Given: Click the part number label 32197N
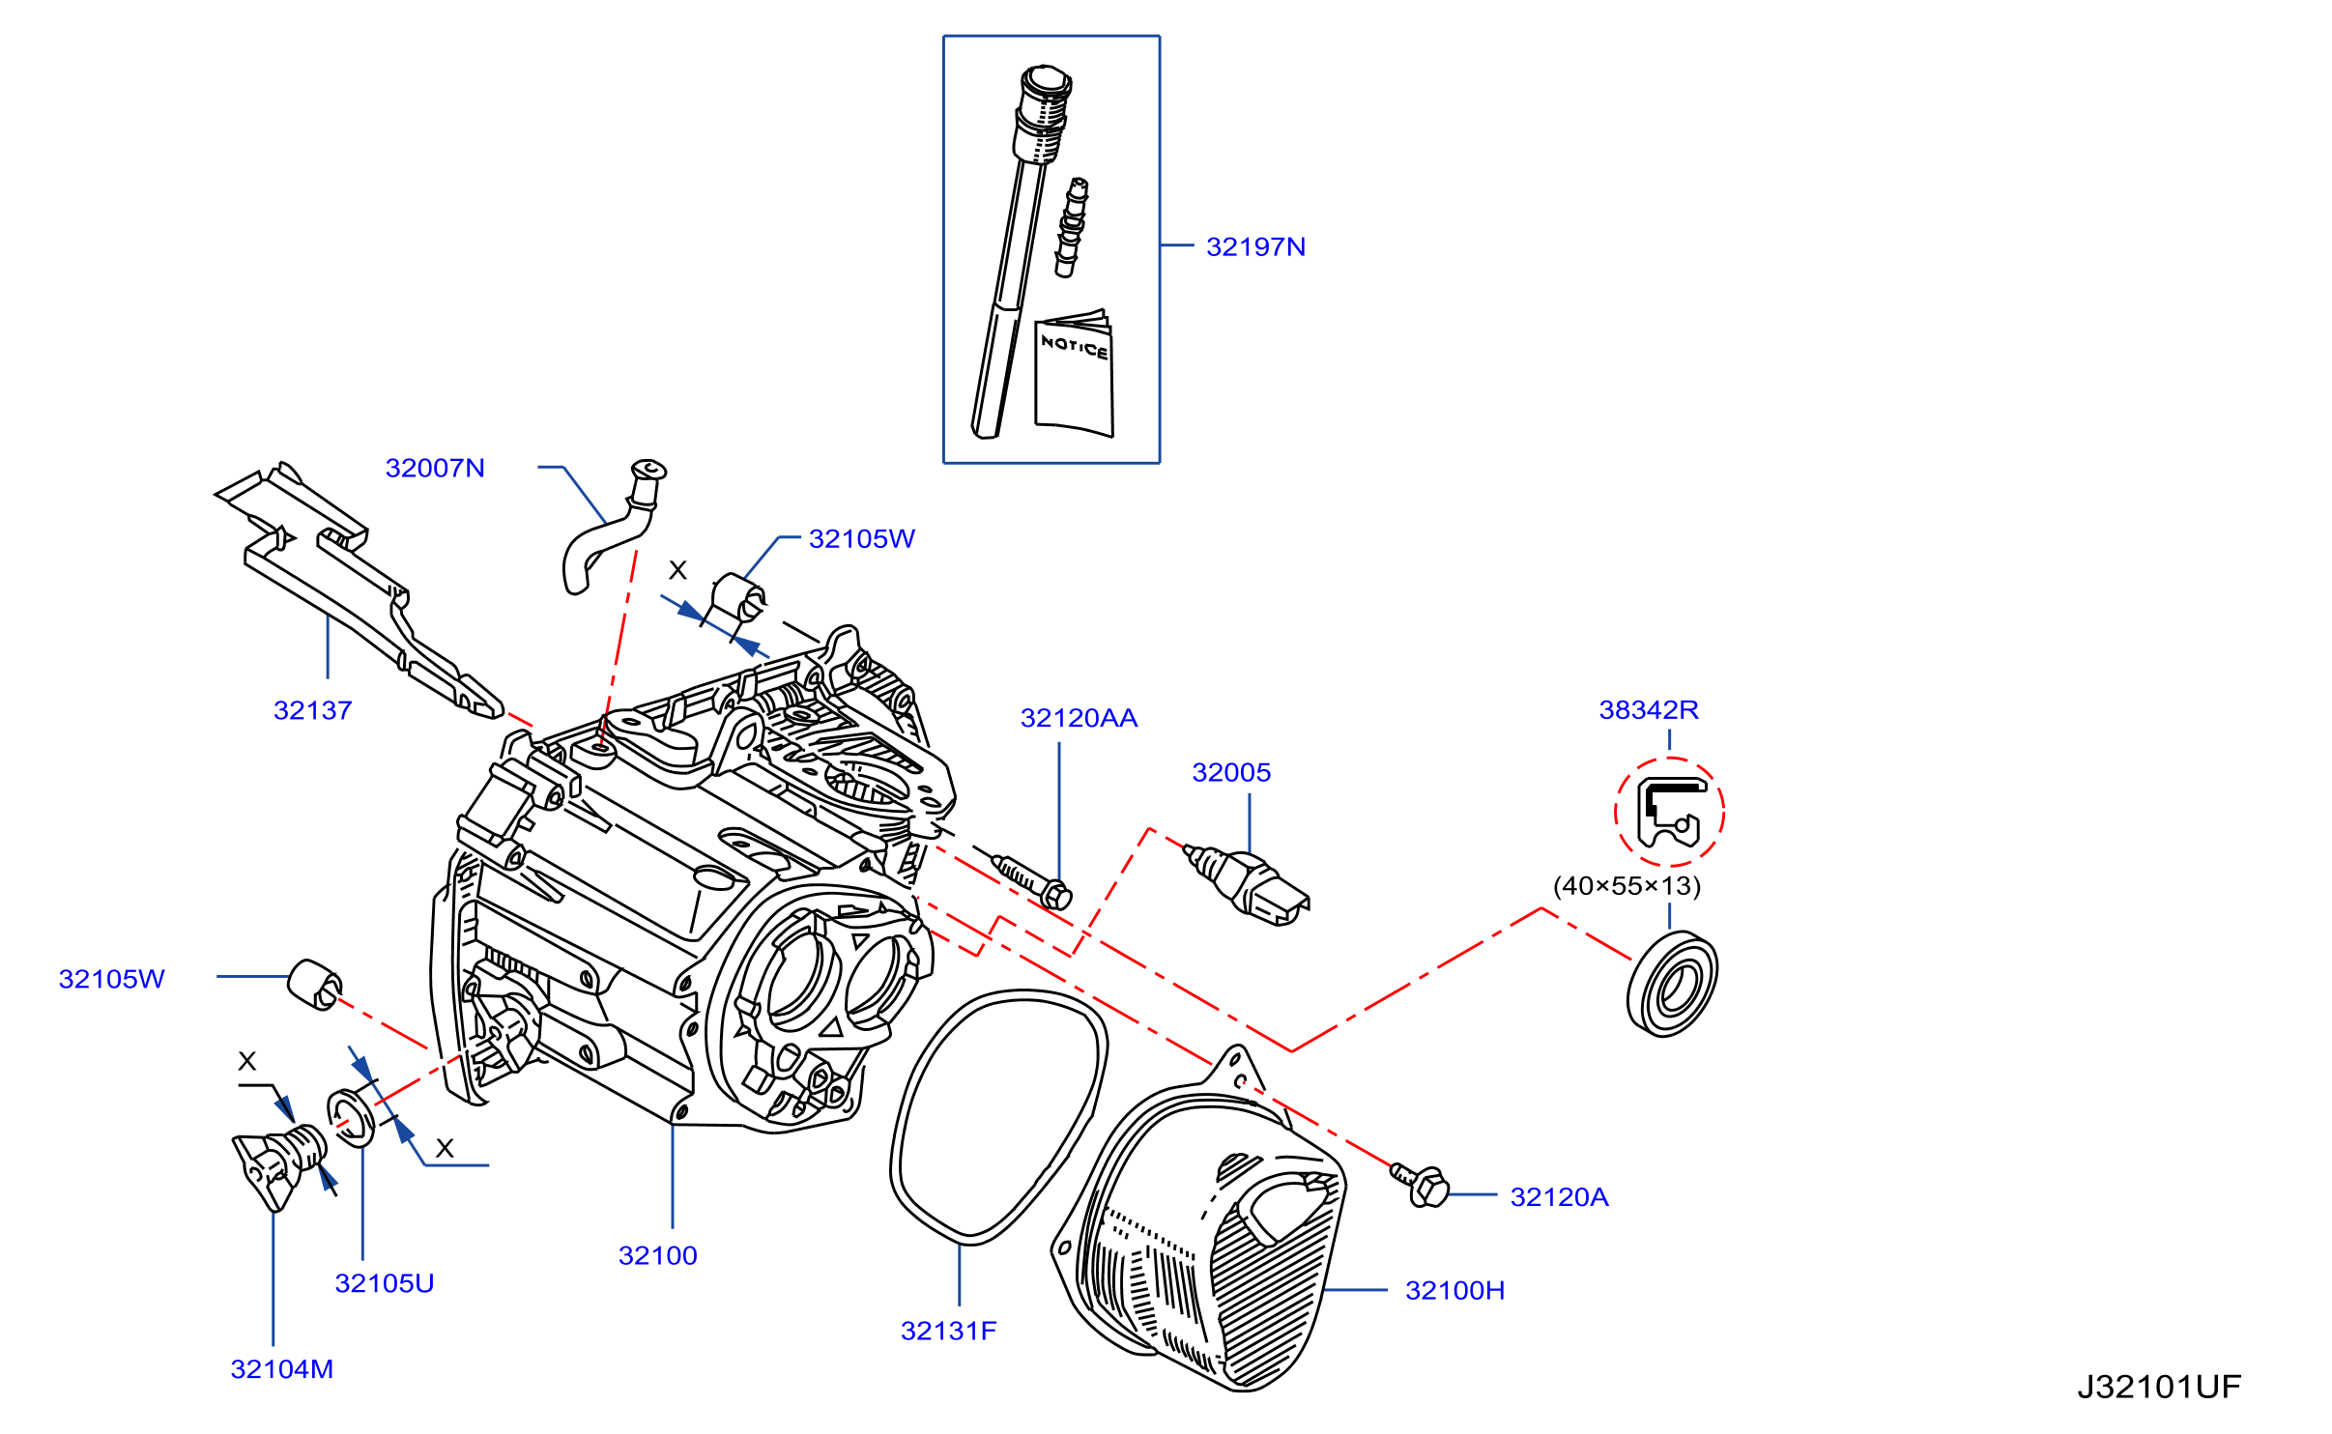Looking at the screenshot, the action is coord(1255,247).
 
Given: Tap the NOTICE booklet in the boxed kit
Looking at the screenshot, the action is coord(1074,375).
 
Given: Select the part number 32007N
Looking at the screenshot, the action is coord(435,469).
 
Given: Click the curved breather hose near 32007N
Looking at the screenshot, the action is coord(609,528).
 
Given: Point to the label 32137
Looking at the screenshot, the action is coord(313,711).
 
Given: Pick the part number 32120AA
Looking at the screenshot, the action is coord(1079,719).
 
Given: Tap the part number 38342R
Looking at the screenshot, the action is coord(1649,710).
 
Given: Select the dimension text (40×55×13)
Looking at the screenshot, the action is coord(1627,886).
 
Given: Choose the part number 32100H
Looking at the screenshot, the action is coord(1454,1291).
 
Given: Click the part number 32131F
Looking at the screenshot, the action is coord(948,1332).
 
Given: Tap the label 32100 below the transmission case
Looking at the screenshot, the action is coord(658,1256).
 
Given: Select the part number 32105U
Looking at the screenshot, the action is coord(385,1284).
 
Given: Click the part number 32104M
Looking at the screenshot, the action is coord(282,1370).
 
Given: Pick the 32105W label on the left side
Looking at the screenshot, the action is coord(112,980).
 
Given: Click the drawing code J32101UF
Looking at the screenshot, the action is coord(2159,1388).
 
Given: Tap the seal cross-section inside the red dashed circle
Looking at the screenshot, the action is coord(1670,813).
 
